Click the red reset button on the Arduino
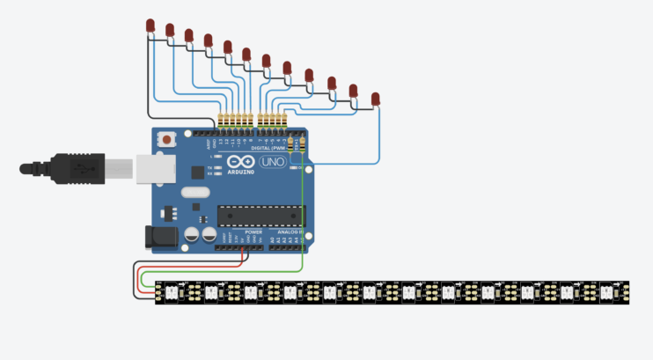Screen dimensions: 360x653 point(166,140)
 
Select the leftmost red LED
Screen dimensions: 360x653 point(150,26)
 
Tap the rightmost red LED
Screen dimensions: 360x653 point(376,98)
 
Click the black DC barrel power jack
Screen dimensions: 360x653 point(158,235)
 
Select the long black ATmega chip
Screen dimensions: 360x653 point(260,215)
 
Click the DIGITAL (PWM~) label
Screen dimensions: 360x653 point(268,149)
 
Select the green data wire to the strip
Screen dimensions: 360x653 point(303,220)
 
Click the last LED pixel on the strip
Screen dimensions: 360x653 point(609,291)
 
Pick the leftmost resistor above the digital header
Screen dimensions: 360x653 point(221,122)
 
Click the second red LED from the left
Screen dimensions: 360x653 point(170,31)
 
